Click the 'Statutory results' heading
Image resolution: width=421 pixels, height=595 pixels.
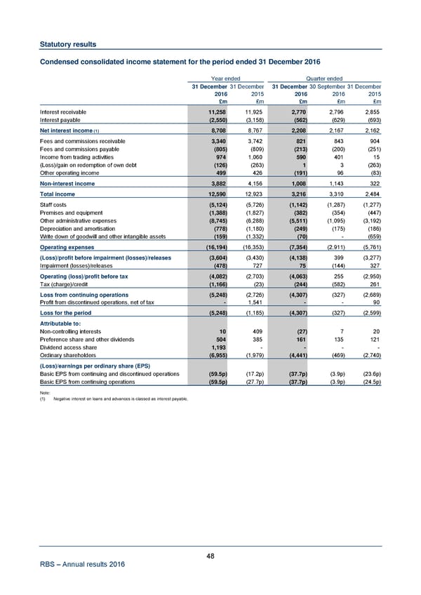[x=67, y=44]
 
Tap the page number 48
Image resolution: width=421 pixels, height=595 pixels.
[x=210, y=556]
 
